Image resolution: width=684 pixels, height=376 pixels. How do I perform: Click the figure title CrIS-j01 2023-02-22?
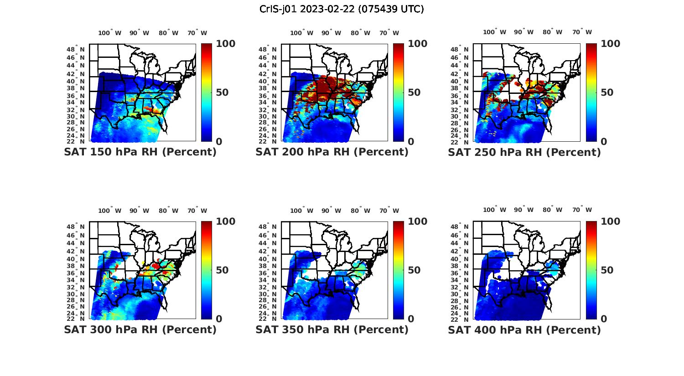[342, 9]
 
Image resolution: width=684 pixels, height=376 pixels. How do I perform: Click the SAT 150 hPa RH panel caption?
[140, 152]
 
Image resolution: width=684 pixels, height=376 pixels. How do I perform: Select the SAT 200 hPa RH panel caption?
[332, 152]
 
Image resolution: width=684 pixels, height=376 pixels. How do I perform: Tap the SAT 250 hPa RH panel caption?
[524, 152]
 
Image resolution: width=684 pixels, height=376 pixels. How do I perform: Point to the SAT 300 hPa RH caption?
[140, 330]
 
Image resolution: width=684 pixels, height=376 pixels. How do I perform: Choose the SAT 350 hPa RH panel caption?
[332, 330]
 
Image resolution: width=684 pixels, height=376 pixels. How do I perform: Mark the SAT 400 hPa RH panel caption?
[524, 330]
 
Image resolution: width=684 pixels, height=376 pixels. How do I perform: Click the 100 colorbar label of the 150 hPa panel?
[226, 44]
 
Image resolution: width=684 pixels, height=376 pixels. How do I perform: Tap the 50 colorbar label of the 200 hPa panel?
[414, 93]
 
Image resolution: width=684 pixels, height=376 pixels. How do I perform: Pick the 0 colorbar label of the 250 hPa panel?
[604, 142]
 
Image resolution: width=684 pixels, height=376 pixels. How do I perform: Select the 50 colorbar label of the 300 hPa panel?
[222, 270]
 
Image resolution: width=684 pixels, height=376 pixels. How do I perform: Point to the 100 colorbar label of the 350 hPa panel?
[418, 221]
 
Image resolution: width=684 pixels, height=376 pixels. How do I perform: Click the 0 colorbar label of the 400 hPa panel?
[604, 319]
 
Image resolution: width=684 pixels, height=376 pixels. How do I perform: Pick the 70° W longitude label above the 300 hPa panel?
[197, 211]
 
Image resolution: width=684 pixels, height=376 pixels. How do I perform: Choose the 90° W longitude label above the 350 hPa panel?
[331, 211]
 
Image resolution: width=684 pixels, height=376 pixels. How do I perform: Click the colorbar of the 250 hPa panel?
[591, 93]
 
